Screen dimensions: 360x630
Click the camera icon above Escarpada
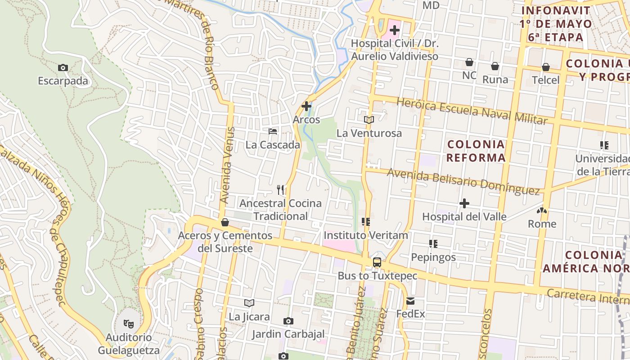pos(63,68)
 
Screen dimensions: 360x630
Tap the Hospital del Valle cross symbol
pos(464,203)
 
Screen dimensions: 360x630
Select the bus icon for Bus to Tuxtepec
pos(377,262)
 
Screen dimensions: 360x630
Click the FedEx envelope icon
pos(410,301)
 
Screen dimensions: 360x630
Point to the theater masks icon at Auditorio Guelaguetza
pos(129,324)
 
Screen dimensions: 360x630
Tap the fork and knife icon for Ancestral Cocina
pos(281,190)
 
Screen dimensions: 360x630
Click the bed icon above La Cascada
pos(273,131)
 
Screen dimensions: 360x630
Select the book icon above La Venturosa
pos(369,120)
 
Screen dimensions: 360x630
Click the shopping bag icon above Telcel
pos(546,67)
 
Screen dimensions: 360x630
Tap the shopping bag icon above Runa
pos(495,66)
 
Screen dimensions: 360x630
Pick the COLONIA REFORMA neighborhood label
pos(476,151)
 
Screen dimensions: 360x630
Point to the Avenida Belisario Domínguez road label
pos(463,181)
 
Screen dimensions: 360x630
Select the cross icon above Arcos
pos(306,106)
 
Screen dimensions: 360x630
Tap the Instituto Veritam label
pos(366,235)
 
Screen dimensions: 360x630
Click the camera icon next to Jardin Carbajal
pos(288,321)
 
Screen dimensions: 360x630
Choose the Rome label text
pos(542,224)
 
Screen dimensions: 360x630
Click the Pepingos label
pos(433,257)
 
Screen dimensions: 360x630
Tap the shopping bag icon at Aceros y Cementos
pos(225,222)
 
